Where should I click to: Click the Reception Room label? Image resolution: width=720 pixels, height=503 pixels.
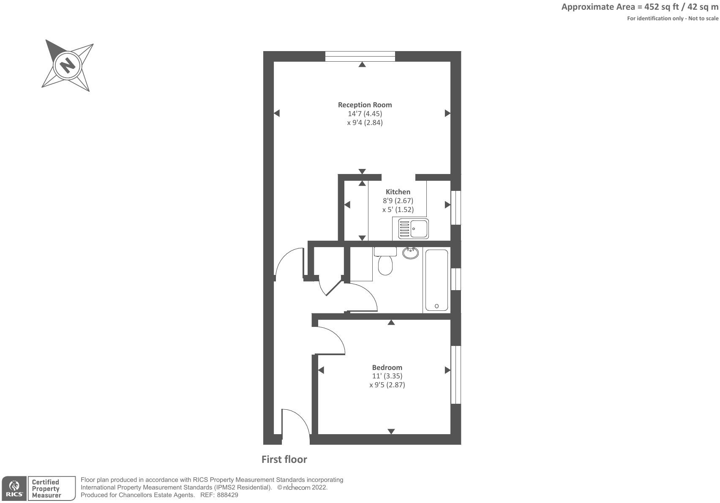pyautogui.click(x=365, y=105)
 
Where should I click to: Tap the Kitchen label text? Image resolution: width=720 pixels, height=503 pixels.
pyautogui.click(x=398, y=192)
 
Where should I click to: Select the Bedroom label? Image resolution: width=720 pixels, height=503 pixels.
pyautogui.click(x=387, y=367)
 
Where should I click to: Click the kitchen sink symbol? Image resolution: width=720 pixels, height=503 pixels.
pyautogui.click(x=413, y=228)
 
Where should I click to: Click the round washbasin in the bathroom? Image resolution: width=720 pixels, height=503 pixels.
pyautogui.click(x=410, y=253)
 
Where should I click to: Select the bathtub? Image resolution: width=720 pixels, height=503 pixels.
pyautogui.click(x=436, y=280)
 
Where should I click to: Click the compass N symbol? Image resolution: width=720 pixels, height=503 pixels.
pyautogui.click(x=67, y=66)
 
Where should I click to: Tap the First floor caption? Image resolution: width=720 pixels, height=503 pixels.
pyautogui.click(x=284, y=459)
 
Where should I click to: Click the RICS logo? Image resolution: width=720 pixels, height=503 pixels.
pyautogui.click(x=14, y=489)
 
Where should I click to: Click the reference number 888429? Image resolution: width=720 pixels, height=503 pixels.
pyautogui.click(x=228, y=495)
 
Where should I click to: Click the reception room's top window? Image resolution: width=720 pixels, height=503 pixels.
pyautogui.click(x=360, y=56)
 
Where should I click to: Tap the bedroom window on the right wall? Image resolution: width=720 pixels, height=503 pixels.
pyautogui.click(x=455, y=375)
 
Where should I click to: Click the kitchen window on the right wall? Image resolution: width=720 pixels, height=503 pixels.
pyautogui.click(x=455, y=208)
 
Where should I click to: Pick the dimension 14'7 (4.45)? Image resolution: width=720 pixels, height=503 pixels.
pyautogui.click(x=365, y=114)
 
